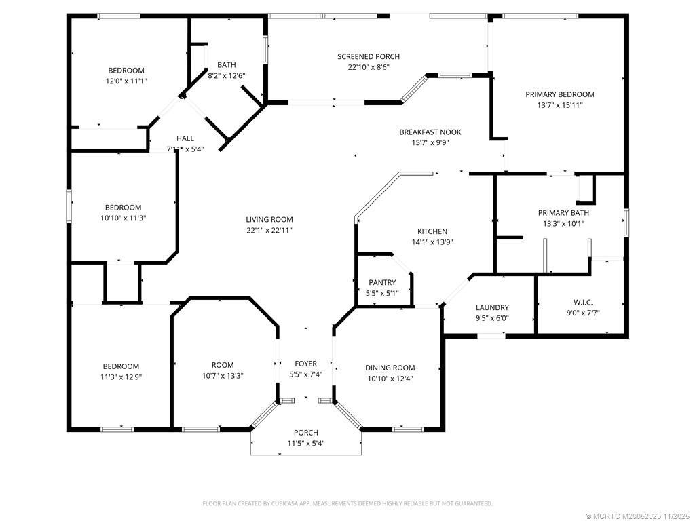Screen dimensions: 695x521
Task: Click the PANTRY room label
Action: pos(382,282)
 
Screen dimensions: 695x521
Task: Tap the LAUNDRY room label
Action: pos(492,307)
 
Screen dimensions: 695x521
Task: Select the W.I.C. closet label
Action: pos(583,302)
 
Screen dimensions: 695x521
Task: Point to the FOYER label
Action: pos(306,364)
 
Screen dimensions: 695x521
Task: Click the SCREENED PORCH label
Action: pos(369,56)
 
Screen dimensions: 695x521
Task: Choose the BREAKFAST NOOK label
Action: pos(430,132)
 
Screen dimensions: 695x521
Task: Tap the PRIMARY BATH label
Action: pos(563,213)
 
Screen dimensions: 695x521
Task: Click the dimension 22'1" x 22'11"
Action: pos(269,231)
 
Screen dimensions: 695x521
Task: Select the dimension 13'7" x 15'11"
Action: pos(560,105)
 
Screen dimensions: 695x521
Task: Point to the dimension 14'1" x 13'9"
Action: pos(432,242)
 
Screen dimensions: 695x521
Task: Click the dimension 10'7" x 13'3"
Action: pos(223,376)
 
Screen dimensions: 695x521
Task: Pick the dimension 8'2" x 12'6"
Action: pos(227,76)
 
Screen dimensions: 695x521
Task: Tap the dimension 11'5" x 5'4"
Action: pos(306,444)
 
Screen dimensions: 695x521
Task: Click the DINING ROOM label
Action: pos(390,368)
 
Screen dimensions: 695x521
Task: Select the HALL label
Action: pos(185,138)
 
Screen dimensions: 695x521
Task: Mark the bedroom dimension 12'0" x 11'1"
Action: pos(126,81)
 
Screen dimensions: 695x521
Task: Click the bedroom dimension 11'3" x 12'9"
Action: pos(121,377)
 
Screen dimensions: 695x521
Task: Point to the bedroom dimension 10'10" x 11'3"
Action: pos(124,218)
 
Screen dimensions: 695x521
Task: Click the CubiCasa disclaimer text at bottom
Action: pos(347,504)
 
